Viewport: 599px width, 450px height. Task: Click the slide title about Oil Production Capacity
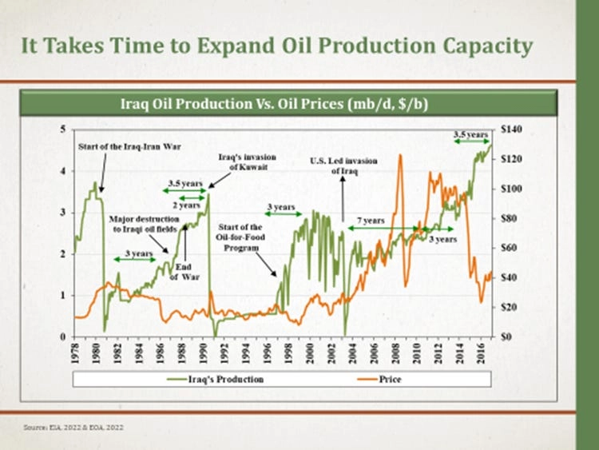pyautogui.click(x=277, y=46)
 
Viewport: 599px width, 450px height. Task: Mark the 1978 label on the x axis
pyautogui.click(x=74, y=355)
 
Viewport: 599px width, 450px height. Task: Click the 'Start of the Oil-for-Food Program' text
pyautogui.click(x=240, y=237)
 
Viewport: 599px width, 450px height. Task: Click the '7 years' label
pyautogui.click(x=371, y=220)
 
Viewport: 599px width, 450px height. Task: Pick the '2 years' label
pyautogui.click(x=188, y=205)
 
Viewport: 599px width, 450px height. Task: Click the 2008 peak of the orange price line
pyautogui.click(x=399, y=155)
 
